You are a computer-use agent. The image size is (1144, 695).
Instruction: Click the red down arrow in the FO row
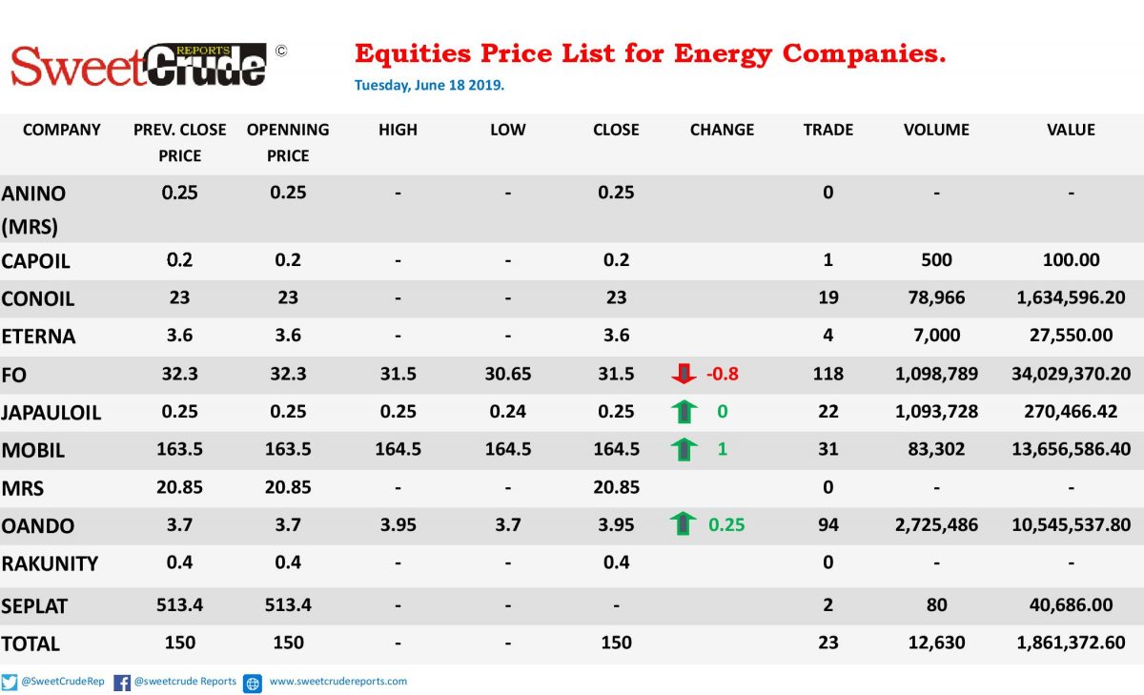tap(684, 374)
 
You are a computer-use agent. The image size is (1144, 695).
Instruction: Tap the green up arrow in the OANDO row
tap(683, 524)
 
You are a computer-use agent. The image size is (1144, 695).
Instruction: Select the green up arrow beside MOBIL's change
tap(684, 449)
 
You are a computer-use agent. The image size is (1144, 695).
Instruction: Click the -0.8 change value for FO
tap(723, 374)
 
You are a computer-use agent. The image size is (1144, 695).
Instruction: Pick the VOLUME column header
tap(936, 130)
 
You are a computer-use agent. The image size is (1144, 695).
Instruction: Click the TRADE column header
tap(827, 130)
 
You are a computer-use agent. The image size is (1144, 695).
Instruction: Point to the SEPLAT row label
tap(34, 606)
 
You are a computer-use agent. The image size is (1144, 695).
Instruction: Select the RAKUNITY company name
tap(50, 563)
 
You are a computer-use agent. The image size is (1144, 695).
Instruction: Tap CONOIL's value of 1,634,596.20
tap(1071, 297)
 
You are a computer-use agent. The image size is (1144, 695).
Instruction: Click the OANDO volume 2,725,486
tap(936, 525)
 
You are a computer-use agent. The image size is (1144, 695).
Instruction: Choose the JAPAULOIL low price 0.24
tap(507, 412)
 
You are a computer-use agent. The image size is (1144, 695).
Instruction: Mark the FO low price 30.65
tap(507, 374)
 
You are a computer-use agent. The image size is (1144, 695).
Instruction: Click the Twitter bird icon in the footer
tap(10, 683)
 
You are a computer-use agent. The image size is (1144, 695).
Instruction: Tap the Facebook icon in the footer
tap(122, 683)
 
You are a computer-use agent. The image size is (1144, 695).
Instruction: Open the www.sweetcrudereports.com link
tap(338, 682)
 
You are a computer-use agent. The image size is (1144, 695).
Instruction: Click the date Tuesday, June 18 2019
tap(429, 85)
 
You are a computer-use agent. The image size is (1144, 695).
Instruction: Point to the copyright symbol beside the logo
tap(281, 51)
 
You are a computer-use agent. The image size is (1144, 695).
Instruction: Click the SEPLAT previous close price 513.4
tap(179, 605)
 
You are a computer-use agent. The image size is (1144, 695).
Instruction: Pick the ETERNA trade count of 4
tap(827, 336)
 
